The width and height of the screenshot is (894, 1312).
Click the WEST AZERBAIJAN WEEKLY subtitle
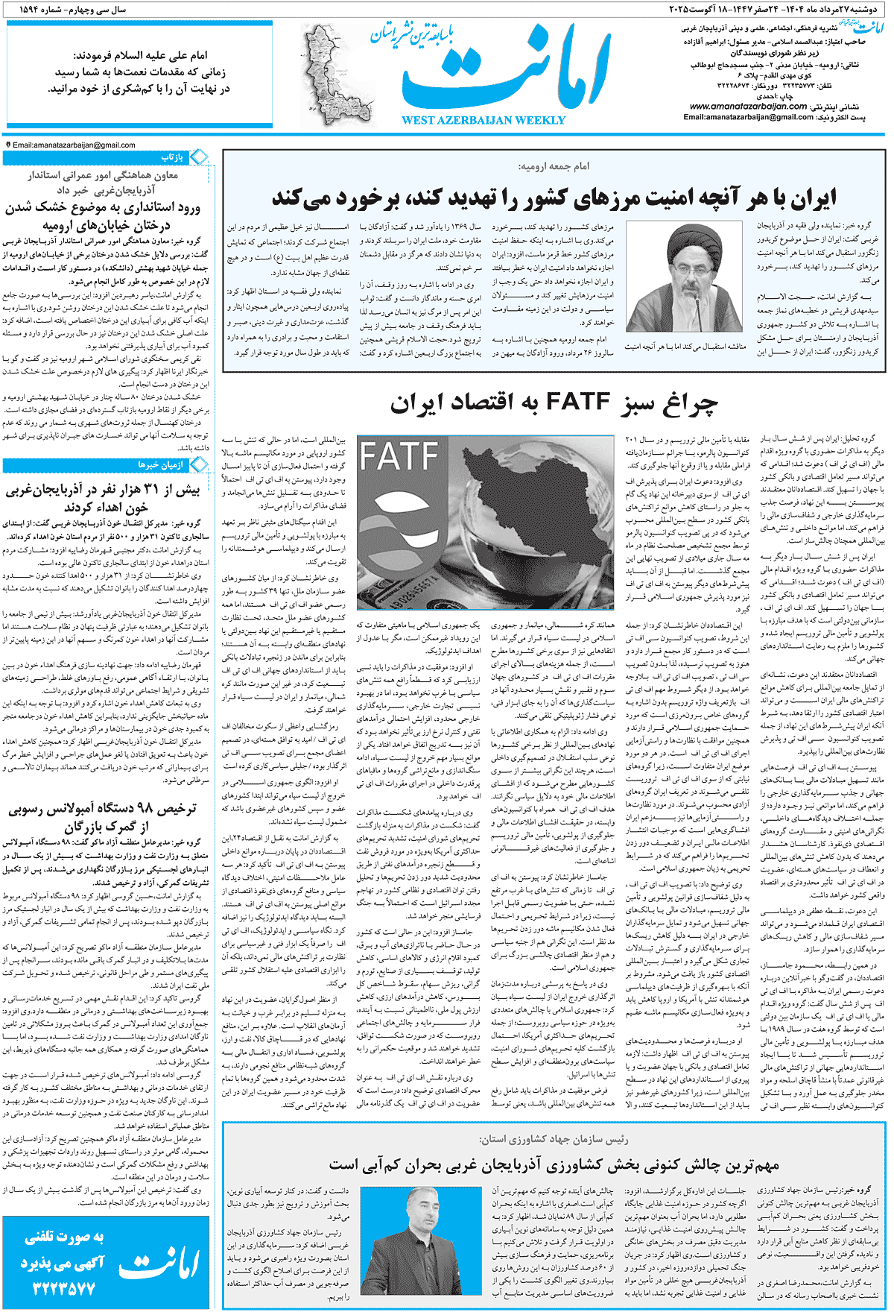pyautogui.click(x=484, y=120)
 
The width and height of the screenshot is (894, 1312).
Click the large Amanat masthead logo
pyautogui.click(x=507, y=71)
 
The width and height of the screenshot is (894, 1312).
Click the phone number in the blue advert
pyautogui.click(x=64, y=1288)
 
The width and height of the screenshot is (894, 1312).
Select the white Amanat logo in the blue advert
pyautogui.click(x=159, y=1263)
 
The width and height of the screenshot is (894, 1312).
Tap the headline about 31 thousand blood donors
pyautogui.click(x=103, y=499)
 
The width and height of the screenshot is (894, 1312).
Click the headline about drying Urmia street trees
pyautogui.click(x=103, y=216)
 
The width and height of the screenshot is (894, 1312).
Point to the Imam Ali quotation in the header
pyautogui.click(x=139, y=72)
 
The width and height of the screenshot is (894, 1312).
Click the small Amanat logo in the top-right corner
pyautogui.click(x=868, y=28)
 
